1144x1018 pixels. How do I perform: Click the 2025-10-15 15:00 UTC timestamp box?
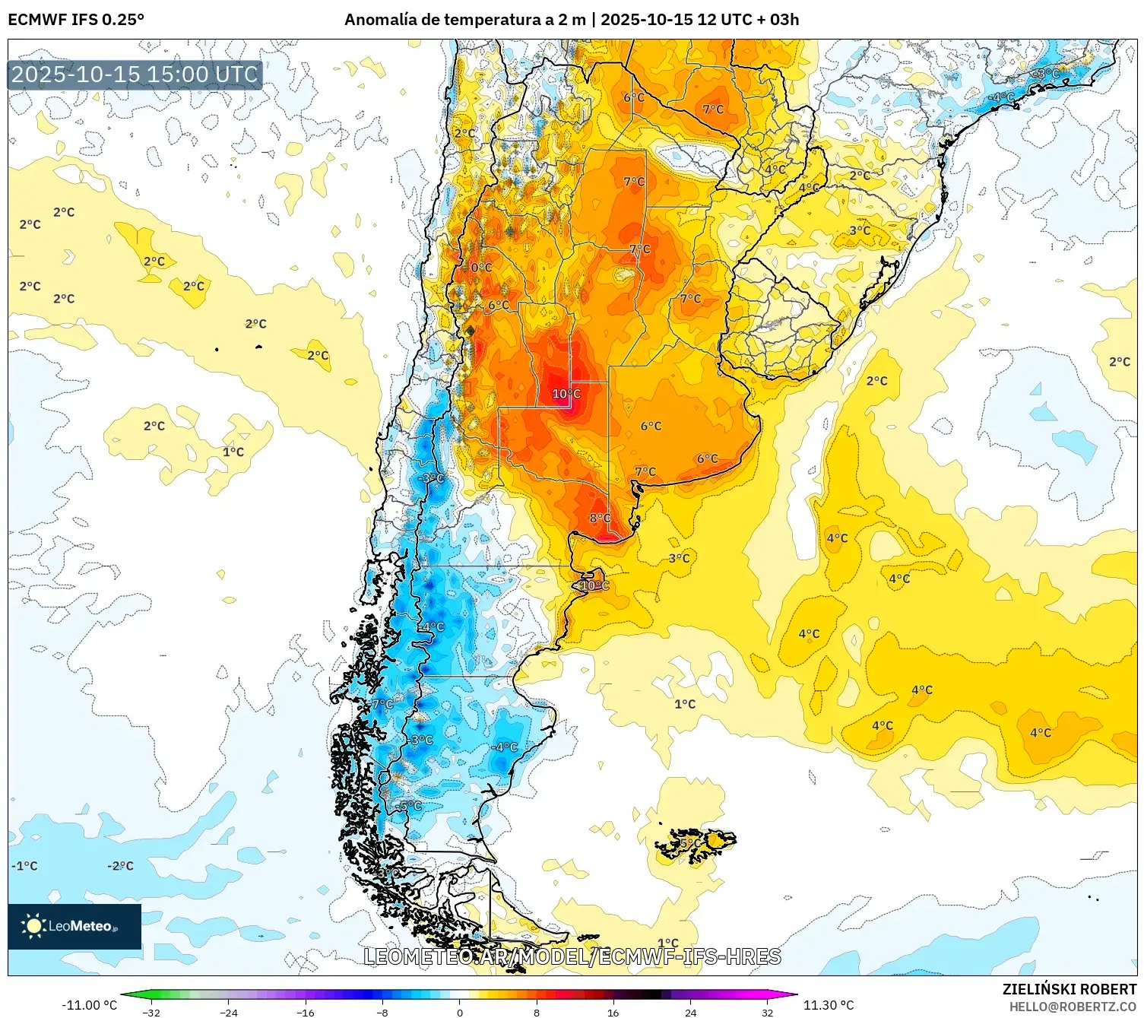[x=135, y=75]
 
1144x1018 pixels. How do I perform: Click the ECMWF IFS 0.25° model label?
[x=76, y=20]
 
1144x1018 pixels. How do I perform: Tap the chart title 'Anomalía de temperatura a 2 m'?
[x=465, y=20]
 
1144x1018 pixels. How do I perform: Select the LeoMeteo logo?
[x=74, y=926]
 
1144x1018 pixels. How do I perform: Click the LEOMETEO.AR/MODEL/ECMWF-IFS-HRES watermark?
[x=572, y=956]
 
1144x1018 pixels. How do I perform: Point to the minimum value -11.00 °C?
[x=89, y=1005]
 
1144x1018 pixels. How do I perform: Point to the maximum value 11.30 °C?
[x=829, y=1005]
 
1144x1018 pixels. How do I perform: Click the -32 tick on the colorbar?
[x=151, y=1012]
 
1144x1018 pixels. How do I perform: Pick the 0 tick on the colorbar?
[x=459, y=1012]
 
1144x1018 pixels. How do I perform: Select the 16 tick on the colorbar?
[x=613, y=1012]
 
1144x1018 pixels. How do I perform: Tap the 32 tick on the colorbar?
[x=767, y=1012]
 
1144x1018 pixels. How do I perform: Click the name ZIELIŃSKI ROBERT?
[x=1070, y=989]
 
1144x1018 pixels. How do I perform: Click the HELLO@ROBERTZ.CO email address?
[x=1073, y=1007]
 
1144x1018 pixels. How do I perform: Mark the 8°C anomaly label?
[x=600, y=519]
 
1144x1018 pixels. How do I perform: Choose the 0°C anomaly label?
[x=481, y=268]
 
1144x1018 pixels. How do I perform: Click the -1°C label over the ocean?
[x=24, y=866]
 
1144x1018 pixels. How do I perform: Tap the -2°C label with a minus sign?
[x=120, y=866]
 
